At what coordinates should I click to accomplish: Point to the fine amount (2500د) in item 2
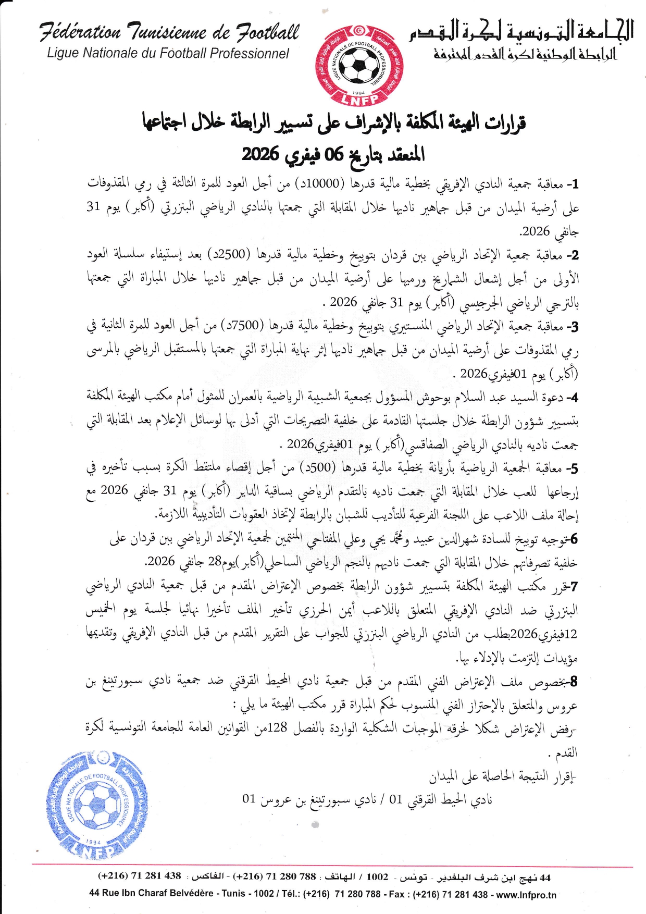click(x=227, y=254)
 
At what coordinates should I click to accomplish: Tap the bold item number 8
click(x=574, y=681)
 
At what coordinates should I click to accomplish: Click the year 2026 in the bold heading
click(x=260, y=154)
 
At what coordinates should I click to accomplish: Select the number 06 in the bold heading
click(x=334, y=154)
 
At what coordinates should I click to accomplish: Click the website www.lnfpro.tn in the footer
click(x=526, y=895)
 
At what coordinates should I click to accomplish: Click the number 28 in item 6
click(x=215, y=562)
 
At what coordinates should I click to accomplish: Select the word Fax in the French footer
click(x=396, y=894)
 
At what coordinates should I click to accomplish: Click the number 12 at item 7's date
click(x=572, y=634)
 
